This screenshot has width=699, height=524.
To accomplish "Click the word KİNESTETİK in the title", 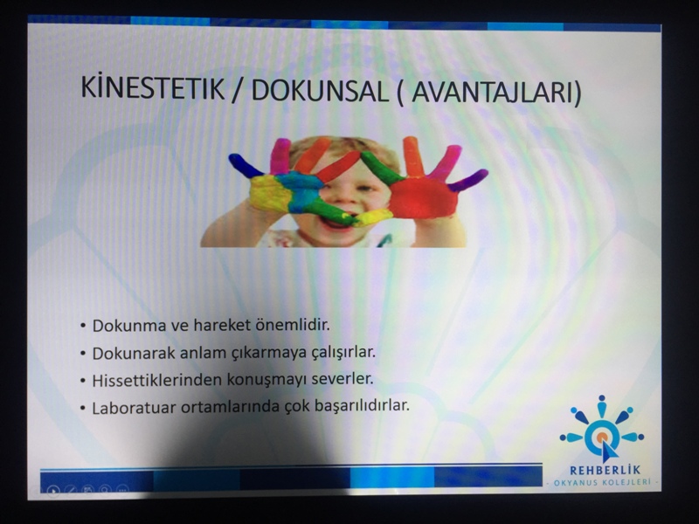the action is coord(152,87).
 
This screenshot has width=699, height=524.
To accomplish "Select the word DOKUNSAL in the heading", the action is coord(320,91).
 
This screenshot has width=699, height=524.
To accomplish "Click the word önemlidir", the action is coord(293,324).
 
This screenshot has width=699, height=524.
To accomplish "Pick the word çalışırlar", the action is coord(336,352).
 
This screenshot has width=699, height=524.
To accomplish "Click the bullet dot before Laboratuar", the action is coord(83,408).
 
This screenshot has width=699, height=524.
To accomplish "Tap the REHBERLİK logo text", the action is coord(605,470).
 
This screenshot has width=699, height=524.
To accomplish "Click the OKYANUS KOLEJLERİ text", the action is coord(602,483).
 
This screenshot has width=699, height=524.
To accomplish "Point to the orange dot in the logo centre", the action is coord(601,437).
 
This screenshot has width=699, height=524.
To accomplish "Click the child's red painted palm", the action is coord(424,198).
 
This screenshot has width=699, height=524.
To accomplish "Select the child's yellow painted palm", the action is coord(270,192).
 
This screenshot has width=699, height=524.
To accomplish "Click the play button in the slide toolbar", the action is coord(53,491).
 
